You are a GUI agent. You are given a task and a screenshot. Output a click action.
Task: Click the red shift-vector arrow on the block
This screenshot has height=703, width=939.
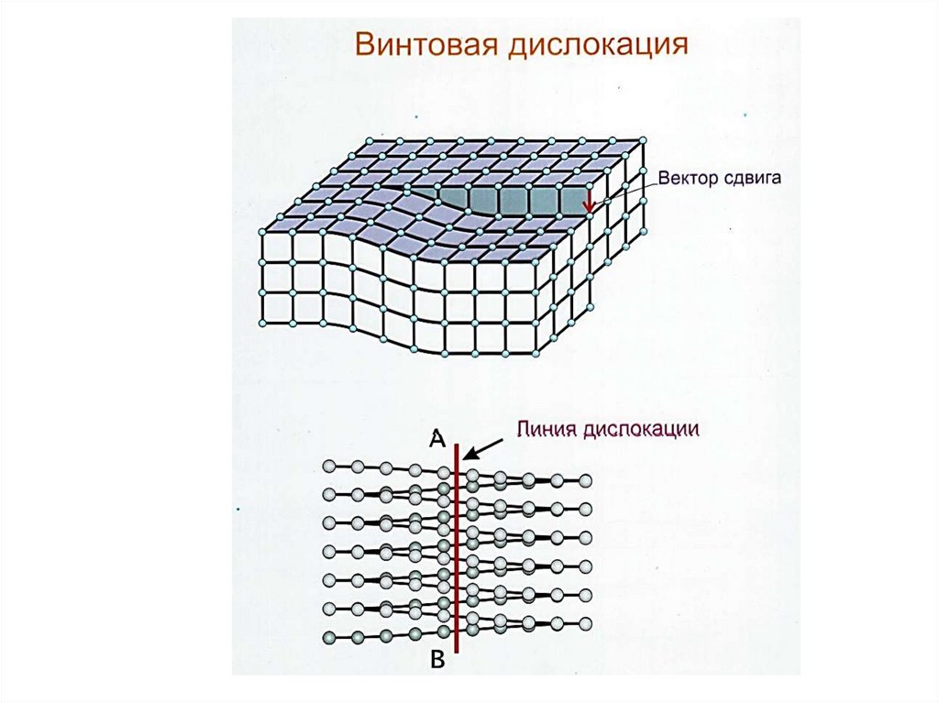click(589, 204)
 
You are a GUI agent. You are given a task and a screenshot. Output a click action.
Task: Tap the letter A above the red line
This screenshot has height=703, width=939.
click(437, 440)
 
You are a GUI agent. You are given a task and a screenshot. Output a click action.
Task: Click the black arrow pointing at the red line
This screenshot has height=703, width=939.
click(486, 446)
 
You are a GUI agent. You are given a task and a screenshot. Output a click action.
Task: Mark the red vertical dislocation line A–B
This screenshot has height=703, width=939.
click(456, 550)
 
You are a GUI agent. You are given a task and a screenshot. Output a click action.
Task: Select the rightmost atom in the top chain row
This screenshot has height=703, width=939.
click(585, 480)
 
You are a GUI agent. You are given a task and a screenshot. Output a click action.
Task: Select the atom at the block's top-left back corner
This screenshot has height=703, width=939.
click(368, 140)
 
